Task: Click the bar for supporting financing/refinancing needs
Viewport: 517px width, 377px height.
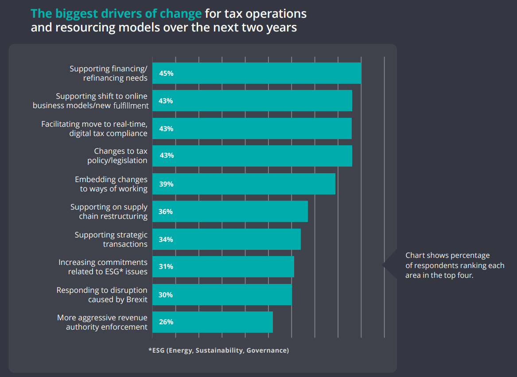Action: click(x=257, y=73)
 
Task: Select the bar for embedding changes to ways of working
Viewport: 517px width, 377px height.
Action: click(x=244, y=184)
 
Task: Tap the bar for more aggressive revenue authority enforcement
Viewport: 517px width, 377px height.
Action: click(x=213, y=322)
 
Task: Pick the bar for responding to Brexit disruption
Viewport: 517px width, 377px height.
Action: click(x=222, y=295)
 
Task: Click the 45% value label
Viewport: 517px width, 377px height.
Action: click(x=166, y=74)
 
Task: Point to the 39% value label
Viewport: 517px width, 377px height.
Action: click(x=166, y=184)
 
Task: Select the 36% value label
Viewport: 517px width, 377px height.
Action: click(x=166, y=212)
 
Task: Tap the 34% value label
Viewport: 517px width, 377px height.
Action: click(x=166, y=240)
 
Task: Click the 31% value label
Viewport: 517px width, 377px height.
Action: click(x=166, y=267)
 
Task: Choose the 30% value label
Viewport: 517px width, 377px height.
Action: click(x=166, y=295)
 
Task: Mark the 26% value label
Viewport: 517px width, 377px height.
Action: click(x=166, y=322)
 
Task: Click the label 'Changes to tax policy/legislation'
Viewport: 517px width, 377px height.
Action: click(x=118, y=156)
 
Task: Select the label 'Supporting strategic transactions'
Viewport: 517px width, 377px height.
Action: click(x=111, y=239)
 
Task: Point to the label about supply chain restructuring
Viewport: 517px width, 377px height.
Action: click(x=109, y=212)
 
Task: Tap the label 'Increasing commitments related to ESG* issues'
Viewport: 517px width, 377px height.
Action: click(x=103, y=267)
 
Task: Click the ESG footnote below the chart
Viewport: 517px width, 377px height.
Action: click(x=218, y=350)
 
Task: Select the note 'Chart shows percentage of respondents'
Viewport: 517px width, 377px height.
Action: click(x=455, y=265)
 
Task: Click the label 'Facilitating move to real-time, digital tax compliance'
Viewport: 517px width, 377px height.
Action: click(x=94, y=128)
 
